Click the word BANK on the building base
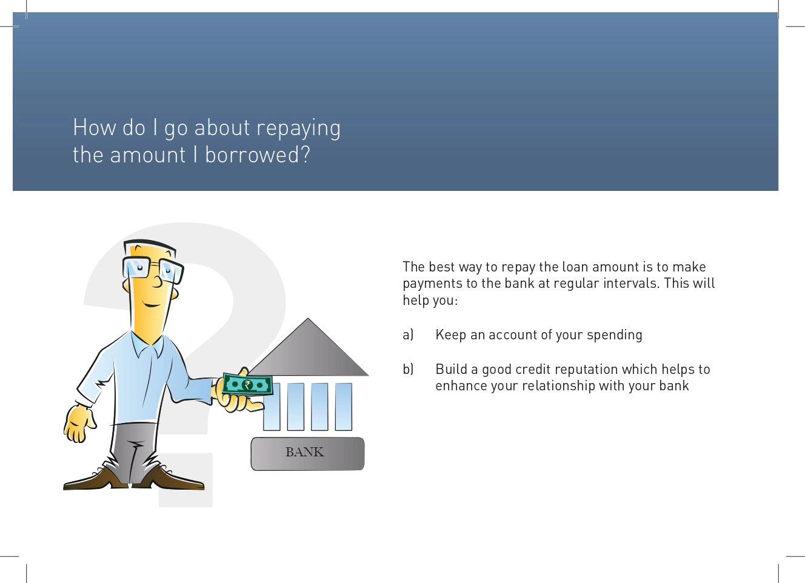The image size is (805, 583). (x=305, y=452)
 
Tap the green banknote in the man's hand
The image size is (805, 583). (x=247, y=385)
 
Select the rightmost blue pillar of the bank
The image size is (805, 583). (x=344, y=407)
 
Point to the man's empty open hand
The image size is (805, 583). (x=79, y=424)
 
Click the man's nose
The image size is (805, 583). (x=158, y=282)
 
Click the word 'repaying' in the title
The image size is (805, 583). (x=298, y=128)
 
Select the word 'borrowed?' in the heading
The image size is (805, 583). (x=257, y=155)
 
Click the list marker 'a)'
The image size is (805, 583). (x=408, y=335)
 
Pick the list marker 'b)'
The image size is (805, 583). (x=408, y=369)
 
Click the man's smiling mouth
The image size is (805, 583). (x=152, y=305)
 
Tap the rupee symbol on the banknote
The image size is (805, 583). (x=247, y=385)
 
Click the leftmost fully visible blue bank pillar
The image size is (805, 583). (x=296, y=407)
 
